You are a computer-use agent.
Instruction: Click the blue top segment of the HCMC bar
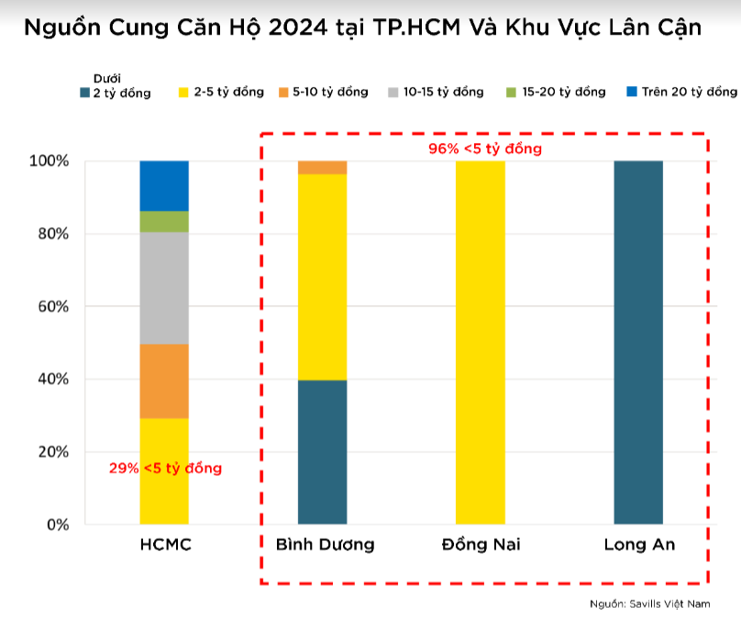pos(164,185)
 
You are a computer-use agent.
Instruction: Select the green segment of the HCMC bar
pos(164,221)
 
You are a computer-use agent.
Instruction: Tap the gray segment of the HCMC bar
pos(164,288)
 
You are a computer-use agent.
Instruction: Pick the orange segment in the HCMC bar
pos(164,381)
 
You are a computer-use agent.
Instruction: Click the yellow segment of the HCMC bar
pos(164,495)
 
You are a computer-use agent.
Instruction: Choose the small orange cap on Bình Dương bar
pos(323,167)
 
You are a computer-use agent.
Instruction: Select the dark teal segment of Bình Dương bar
pos(323,451)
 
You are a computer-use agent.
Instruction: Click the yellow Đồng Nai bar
pos(480,342)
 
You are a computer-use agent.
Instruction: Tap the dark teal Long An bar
pos(638,342)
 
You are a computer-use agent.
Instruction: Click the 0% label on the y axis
pos(57,524)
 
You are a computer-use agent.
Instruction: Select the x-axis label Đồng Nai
pos(480,545)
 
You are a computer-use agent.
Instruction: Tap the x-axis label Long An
pos(639,545)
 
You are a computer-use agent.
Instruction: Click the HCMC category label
pos(165,545)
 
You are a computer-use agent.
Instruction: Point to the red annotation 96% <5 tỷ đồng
pos(485,148)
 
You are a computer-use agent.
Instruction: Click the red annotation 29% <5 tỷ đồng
pos(165,468)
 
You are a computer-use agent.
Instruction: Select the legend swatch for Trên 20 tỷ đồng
pos(631,92)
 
